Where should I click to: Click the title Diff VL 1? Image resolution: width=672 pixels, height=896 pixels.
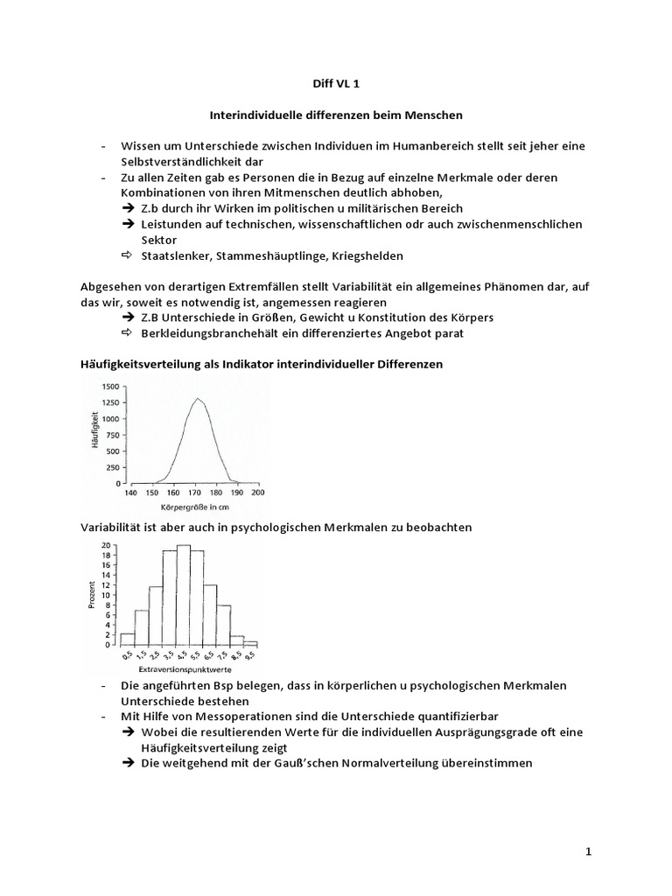pyautogui.click(x=336, y=84)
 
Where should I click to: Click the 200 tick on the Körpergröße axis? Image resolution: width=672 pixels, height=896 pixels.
pyautogui.click(x=258, y=493)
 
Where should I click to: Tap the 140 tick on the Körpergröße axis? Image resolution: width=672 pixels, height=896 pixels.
pyautogui.click(x=129, y=493)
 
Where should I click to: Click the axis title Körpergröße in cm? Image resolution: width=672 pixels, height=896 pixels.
pyautogui.click(x=194, y=507)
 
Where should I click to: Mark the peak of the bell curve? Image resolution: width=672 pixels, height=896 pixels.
pyautogui.click(x=199, y=399)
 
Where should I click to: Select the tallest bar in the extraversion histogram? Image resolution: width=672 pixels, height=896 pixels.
pyautogui.click(x=184, y=595)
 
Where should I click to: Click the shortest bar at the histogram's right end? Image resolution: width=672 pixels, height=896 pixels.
pyautogui.click(x=251, y=642)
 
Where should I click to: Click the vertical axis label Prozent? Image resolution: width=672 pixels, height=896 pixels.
pyautogui.click(x=92, y=595)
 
